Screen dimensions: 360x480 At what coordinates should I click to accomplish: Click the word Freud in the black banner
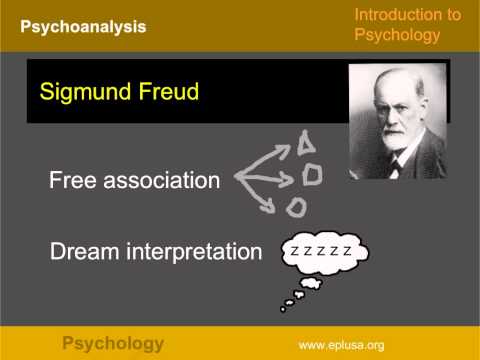(x=166, y=92)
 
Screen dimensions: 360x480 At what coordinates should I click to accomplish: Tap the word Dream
(x=80, y=251)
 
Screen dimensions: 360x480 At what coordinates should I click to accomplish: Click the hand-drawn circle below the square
(x=296, y=207)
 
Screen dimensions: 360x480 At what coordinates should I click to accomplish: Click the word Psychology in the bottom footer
(x=113, y=344)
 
